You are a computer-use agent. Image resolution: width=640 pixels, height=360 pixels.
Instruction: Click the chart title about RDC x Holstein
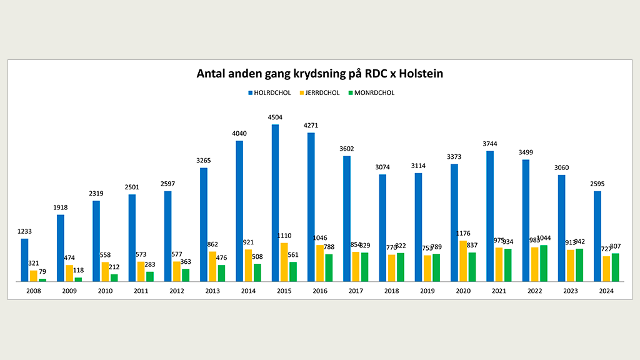pyautogui.click(x=319, y=74)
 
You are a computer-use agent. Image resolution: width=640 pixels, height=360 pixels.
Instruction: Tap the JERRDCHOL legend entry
pyautogui.click(x=320, y=92)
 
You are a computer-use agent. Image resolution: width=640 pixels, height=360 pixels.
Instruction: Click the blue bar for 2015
pyautogui.click(x=275, y=203)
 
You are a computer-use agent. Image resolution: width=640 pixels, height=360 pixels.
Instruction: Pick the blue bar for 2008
pyautogui.click(x=24, y=260)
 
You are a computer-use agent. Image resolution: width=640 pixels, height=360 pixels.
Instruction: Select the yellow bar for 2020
pyautogui.click(x=463, y=261)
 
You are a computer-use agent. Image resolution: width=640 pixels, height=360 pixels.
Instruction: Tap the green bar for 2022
pyautogui.click(x=544, y=263)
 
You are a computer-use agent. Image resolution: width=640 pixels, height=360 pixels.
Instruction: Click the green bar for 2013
pyautogui.click(x=222, y=273)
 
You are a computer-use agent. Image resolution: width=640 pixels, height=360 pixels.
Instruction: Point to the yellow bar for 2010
pyautogui.click(x=105, y=272)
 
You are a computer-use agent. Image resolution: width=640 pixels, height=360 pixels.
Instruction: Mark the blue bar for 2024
pyautogui.click(x=597, y=236)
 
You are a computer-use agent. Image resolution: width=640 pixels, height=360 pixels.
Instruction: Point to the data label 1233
pyautogui.click(x=24, y=231)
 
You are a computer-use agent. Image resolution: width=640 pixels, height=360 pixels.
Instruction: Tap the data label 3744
pyautogui.click(x=490, y=143)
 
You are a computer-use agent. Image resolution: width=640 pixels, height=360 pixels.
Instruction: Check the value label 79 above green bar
pyautogui.click(x=43, y=271)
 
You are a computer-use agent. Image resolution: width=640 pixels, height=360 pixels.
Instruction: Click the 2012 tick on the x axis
pyautogui.click(x=176, y=291)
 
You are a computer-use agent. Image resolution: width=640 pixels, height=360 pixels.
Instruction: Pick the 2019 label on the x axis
pyautogui.click(x=427, y=291)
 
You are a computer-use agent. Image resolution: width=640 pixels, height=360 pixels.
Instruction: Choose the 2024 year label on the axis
pyautogui.click(x=606, y=291)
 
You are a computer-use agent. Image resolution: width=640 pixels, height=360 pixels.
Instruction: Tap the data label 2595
pyautogui.click(x=597, y=184)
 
